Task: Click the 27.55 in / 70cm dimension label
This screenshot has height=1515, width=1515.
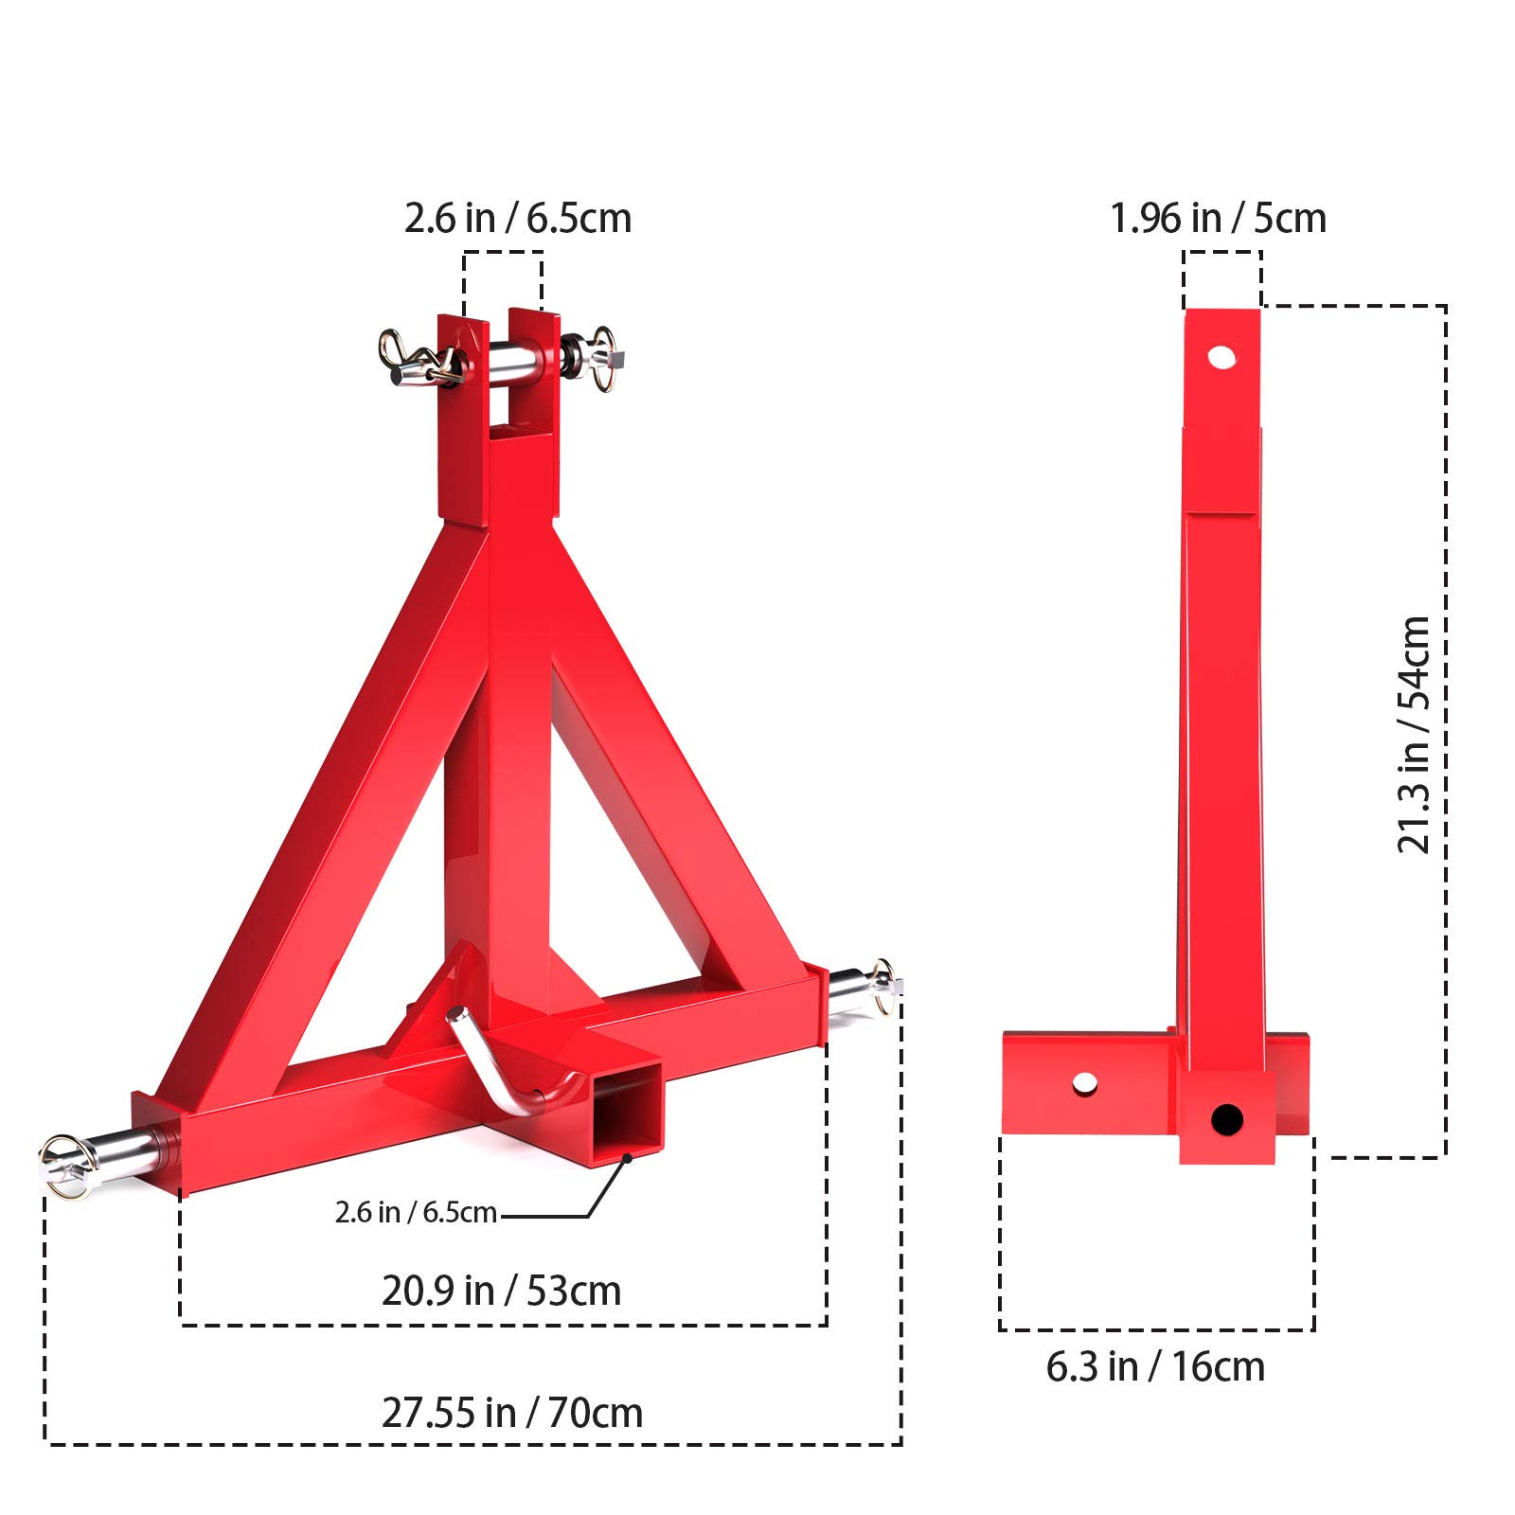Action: (x=512, y=1414)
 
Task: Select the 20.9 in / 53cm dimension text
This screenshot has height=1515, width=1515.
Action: (x=501, y=1292)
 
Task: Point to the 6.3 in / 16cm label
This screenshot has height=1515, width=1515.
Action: (x=1155, y=1367)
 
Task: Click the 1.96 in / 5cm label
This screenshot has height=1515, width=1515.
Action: (x=1218, y=219)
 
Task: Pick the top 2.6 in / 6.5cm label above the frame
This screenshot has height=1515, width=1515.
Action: (x=517, y=219)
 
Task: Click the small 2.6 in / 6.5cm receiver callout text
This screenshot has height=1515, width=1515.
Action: (x=416, y=1213)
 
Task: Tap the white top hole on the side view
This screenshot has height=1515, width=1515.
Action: (x=1221, y=357)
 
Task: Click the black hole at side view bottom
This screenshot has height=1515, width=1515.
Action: (x=1226, y=1120)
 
